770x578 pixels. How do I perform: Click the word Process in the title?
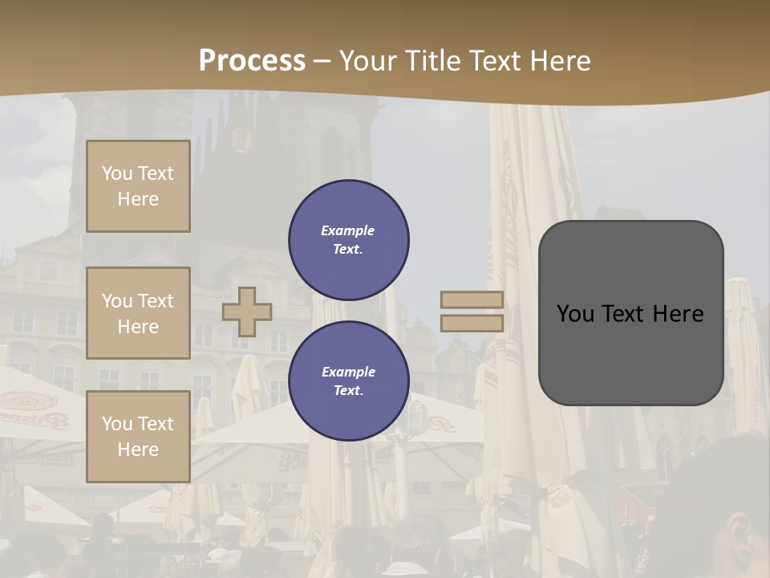click(x=252, y=61)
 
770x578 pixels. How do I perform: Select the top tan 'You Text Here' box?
click(x=138, y=186)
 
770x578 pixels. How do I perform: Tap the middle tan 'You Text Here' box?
click(x=138, y=313)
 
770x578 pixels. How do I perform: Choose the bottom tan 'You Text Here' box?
click(x=138, y=437)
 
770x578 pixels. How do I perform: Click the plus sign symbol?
click(x=247, y=311)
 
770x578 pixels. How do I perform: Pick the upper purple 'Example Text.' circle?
click(x=349, y=240)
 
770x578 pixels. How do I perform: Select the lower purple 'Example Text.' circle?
click(x=349, y=381)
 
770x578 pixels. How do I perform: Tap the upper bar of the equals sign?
click(x=472, y=300)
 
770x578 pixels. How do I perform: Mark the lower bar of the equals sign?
click(x=472, y=324)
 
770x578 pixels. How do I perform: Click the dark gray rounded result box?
click(x=630, y=353)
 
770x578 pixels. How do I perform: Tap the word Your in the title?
click(x=367, y=61)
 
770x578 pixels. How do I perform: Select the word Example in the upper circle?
click(x=348, y=230)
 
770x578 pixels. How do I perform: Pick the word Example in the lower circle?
click(x=348, y=372)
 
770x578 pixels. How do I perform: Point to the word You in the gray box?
click(x=575, y=314)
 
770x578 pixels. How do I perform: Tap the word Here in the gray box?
click(x=679, y=314)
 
